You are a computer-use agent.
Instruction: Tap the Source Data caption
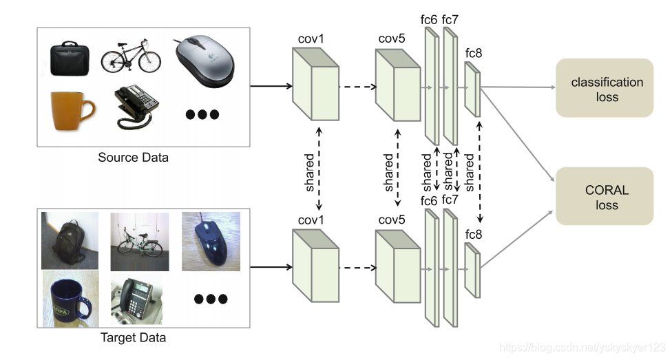click(x=133, y=158)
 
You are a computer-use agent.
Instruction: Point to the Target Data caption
click(x=133, y=338)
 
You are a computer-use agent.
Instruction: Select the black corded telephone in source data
click(x=135, y=107)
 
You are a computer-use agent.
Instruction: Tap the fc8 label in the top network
click(x=474, y=54)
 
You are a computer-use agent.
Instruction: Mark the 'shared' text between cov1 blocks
click(x=310, y=171)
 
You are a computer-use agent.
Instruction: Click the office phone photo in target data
click(x=138, y=299)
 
